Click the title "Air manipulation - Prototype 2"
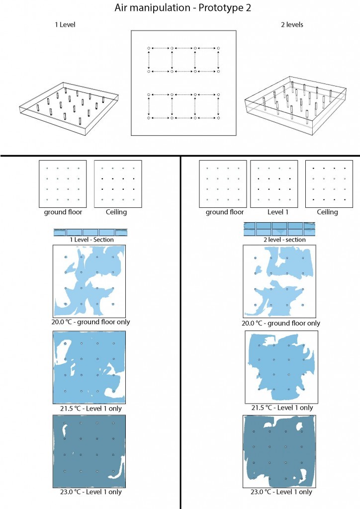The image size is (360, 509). tap(183, 8)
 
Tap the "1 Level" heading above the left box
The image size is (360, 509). tap(65, 25)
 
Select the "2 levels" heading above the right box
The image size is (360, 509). tap(292, 25)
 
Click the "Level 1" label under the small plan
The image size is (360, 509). tap(277, 212)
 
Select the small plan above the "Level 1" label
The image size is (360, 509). tap(274, 184)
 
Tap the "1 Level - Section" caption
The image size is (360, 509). tap(91, 240)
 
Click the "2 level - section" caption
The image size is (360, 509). tap(284, 240)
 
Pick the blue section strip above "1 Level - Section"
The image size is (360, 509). tap(90, 232)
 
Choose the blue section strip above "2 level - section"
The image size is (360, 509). tap(279, 229)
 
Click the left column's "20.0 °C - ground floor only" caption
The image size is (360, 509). tap(90, 322)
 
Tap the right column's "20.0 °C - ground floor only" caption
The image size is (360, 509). tap(281, 323)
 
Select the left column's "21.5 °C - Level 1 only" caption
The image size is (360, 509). tap(90, 409)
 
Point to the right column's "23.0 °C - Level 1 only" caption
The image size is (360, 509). tap(281, 492)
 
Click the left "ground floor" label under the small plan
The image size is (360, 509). tap(63, 212)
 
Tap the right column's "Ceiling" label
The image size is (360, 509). tap(327, 212)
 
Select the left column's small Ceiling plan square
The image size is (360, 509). tap(118, 184)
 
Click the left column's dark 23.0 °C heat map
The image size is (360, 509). tap(90, 451)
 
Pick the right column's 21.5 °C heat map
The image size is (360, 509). tap(281, 367)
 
